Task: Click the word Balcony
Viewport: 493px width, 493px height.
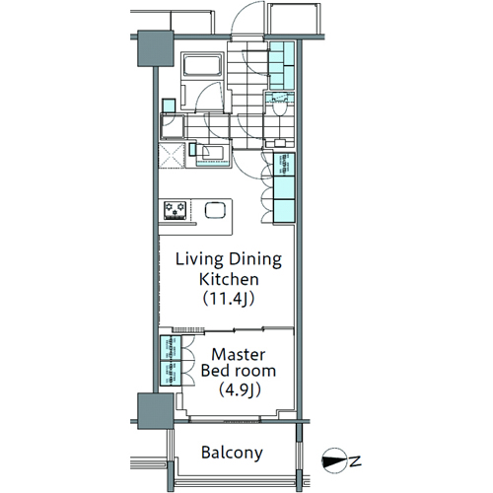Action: pyautogui.click(x=232, y=453)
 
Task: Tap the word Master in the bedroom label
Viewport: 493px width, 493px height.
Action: pyautogui.click(x=239, y=355)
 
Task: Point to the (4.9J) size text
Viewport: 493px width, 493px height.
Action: pyautogui.click(x=241, y=389)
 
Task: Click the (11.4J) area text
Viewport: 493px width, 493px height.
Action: pyautogui.click(x=229, y=299)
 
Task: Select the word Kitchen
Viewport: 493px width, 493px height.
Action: pyautogui.click(x=229, y=279)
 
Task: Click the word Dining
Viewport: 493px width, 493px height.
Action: pyautogui.click(x=255, y=259)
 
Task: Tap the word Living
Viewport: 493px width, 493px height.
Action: pyautogui.click(x=199, y=259)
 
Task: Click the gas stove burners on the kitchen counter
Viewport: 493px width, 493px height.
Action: pyautogui.click(x=176, y=211)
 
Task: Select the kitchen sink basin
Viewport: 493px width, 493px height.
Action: pyautogui.click(x=215, y=210)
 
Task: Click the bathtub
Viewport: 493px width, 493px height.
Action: pyautogui.click(x=202, y=65)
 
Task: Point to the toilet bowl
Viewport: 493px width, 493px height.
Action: pyautogui.click(x=280, y=107)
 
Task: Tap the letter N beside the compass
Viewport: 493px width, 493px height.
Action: pyautogui.click(x=355, y=461)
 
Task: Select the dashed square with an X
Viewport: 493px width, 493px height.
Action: pyautogui.click(x=172, y=156)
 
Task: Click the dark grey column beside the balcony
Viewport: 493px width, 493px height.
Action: pyautogui.click(x=155, y=411)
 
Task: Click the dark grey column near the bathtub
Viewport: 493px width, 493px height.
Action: pyautogui.click(x=155, y=48)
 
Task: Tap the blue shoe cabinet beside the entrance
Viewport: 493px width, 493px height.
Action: pyautogui.click(x=282, y=66)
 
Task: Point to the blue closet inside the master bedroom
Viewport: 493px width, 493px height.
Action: pyautogui.click(x=171, y=360)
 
